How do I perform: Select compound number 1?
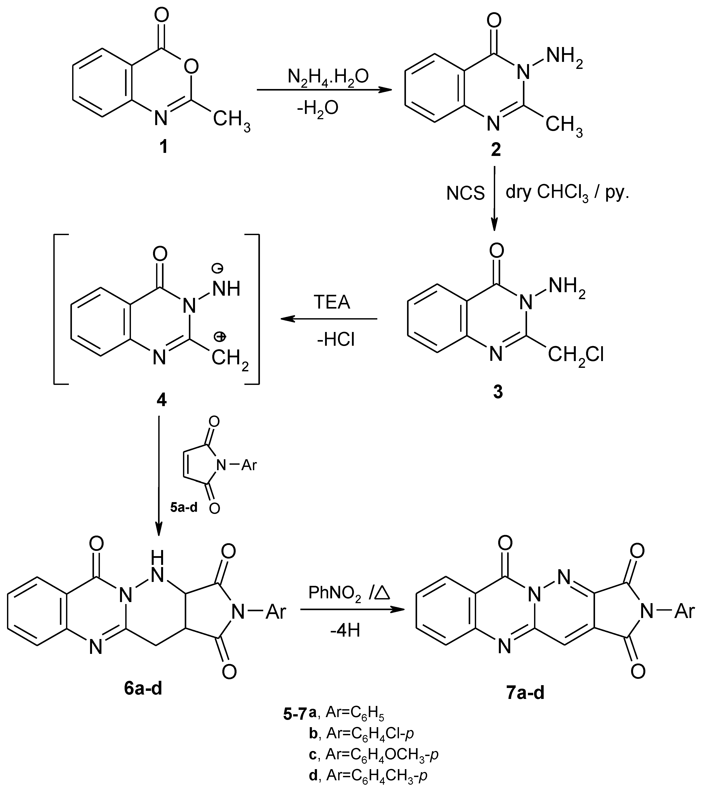pyautogui.click(x=164, y=147)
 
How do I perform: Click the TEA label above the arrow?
pyautogui.click(x=332, y=302)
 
